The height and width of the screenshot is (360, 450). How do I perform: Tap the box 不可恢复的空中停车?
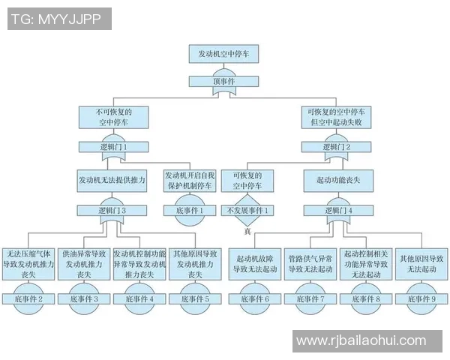coord(113,117)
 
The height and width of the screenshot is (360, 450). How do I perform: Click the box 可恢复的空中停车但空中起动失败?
coord(335,117)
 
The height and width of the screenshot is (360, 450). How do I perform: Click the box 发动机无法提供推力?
coord(112,181)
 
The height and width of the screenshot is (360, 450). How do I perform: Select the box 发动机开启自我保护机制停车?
coord(188,180)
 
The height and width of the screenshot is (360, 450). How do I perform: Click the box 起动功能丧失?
coord(334,181)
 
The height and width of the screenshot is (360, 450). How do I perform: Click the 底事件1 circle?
coord(188,211)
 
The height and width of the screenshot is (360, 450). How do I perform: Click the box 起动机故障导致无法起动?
coord(255,263)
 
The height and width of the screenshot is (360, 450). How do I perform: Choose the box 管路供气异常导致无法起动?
coord(310,263)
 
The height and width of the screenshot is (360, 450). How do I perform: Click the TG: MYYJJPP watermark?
coord(59,19)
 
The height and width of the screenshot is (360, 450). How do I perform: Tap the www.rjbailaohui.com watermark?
coord(361,340)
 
